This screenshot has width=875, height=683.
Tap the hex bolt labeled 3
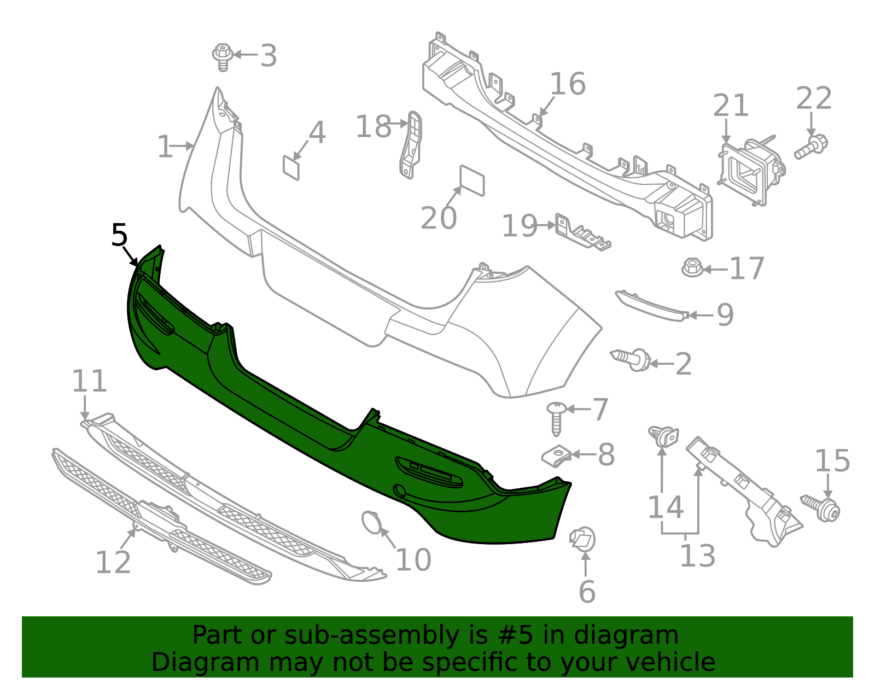tap(223, 57)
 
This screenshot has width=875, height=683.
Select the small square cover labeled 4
tap(291, 167)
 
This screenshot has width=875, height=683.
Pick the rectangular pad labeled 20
tap(472, 180)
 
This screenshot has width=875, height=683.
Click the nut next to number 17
tap(692, 267)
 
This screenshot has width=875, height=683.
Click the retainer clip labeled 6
tap(582, 540)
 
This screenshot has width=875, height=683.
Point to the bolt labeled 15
tap(822, 507)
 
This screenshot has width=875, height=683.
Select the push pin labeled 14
tap(663, 436)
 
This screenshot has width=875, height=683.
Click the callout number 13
tap(697, 556)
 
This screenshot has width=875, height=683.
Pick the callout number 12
tap(113, 562)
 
